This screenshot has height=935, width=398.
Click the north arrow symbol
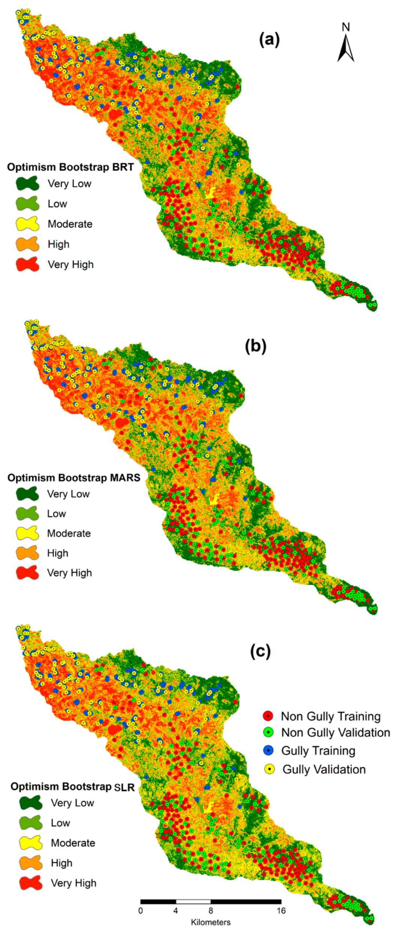pos(345,48)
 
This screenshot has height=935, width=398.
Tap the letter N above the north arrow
pos(345,27)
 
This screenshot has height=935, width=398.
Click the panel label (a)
pos(269,39)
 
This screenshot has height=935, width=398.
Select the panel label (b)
pos(255,346)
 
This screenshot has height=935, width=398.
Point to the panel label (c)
pos(260,651)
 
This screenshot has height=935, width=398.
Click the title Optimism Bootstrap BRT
pos(71,167)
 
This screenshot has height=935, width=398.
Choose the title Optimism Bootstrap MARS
pos(74,478)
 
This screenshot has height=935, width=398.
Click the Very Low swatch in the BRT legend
pos(27,183)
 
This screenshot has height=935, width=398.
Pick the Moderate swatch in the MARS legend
pos(27,533)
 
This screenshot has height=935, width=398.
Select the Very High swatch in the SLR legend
pos(31,883)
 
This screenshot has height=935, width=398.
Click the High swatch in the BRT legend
pos(27,244)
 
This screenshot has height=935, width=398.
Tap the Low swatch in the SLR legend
pos(31,823)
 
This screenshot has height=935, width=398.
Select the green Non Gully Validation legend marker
pos(268,732)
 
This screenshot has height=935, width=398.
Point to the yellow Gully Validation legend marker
pos(269,769)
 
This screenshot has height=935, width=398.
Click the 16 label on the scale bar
pos(281,911)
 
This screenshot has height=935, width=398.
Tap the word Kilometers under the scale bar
pos(210,922)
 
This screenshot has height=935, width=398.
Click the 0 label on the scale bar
pos(140,911)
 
